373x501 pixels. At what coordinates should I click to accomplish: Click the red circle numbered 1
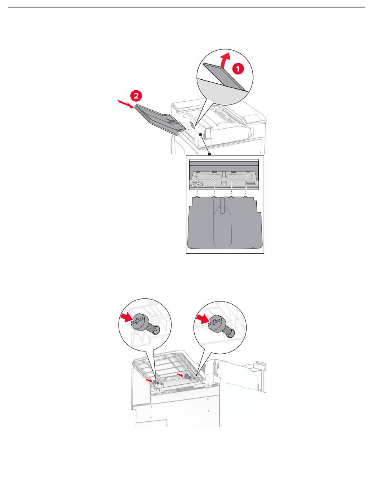tap(238, 68)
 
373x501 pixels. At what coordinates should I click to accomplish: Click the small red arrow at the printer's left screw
tap(149, 380)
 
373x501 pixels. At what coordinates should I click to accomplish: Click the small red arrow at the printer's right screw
tap(179, 375)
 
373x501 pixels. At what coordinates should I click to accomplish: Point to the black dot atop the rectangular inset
tap(210, 154)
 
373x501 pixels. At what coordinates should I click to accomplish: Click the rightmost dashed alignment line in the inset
tap(246, 185)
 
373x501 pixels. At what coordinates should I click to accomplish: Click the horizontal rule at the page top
tap(186, 7)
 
